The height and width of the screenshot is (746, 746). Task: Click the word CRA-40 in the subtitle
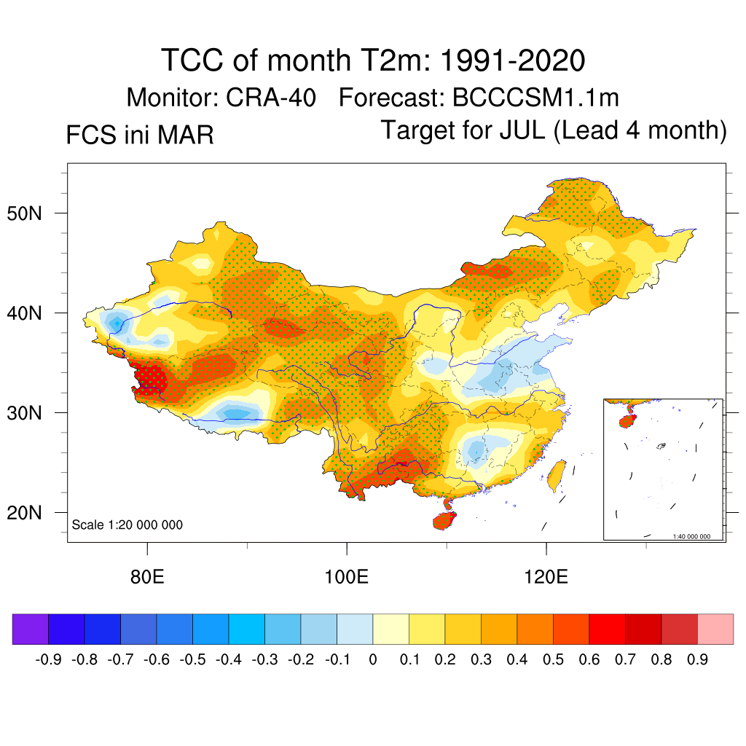click(271, 98)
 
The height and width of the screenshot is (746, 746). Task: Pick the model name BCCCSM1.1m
click(535, 98)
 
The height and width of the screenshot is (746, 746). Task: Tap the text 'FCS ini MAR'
click(140, 135)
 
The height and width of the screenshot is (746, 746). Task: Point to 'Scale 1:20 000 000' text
click(127, 525)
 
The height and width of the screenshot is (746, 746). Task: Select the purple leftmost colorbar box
click(30, 629)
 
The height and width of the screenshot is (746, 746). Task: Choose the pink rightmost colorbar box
click(715, 629)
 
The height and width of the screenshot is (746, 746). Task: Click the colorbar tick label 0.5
click(553, 660)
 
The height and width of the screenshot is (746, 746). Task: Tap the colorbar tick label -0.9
click(47, 660)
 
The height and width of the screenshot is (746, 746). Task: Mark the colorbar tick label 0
click(373, 660)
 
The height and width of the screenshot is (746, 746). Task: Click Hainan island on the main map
click(444, 520)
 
